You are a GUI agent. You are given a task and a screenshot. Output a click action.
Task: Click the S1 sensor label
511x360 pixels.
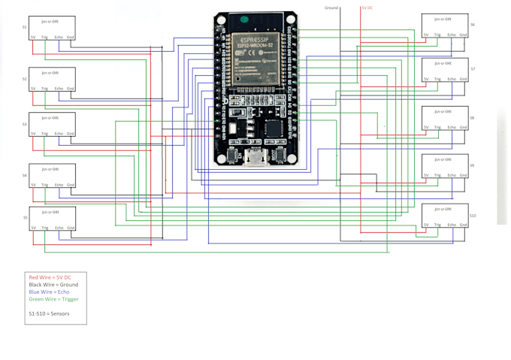pos(24,27)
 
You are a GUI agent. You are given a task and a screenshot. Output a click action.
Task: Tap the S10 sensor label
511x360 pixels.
pos(473,216)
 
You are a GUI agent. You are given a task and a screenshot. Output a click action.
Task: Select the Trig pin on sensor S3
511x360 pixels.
pos(45,133)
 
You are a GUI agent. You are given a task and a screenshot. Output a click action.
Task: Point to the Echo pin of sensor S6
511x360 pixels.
pos(452,35)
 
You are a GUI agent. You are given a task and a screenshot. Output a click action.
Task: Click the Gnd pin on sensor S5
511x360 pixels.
pos(71,228)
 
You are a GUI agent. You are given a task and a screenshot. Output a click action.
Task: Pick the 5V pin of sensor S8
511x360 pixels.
pos(426,127)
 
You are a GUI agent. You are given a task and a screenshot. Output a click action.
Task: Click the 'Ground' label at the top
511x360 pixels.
pos(331,8)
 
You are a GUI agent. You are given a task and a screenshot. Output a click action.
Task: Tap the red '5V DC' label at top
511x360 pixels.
pos(367,8)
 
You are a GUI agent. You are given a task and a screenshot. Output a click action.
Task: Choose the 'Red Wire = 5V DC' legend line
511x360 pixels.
pos(50,277)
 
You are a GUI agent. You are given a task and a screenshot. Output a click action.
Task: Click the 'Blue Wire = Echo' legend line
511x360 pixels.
pos(49,292)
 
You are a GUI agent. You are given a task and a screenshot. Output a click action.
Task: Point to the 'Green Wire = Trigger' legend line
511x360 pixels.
pos(53,299)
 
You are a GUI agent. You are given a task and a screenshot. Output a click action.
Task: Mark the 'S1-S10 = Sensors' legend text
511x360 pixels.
pos(49,313)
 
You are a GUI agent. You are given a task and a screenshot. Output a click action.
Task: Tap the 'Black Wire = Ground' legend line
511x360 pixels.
pos(53,285)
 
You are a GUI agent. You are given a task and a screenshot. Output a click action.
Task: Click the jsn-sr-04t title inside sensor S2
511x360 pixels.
pos(51,73)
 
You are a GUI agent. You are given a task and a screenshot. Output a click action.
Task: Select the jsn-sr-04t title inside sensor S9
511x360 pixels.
pos(443,159)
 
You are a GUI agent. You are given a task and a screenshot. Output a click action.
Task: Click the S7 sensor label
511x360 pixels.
pos(473,69)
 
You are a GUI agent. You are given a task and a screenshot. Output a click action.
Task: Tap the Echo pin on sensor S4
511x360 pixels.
pos(59,185)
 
